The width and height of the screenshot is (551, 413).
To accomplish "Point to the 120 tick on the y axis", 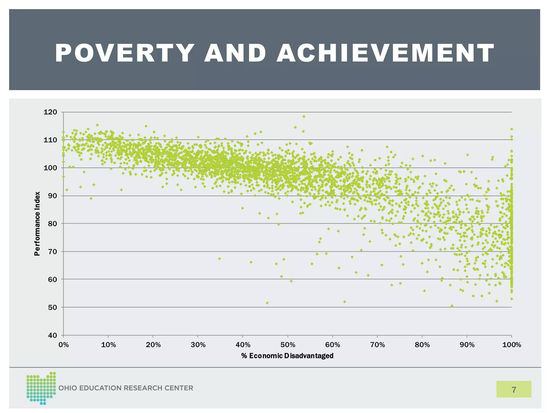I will pyautogui.click(x=50, y=112).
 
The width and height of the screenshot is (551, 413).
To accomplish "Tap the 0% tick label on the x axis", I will pyautogui.click(x=63, y=345).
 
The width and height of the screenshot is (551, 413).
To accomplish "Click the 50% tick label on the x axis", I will pyautogui.click(x=288, y=345).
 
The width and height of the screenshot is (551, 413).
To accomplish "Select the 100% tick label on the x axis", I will pyautogui.click(x=511, y=345).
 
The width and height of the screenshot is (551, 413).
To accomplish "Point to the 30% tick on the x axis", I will pyautogui.click(x=198, y=345).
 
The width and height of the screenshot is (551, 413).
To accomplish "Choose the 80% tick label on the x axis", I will pyautogui.click(x=422, y=345).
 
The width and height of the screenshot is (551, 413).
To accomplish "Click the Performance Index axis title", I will pyautogui.click(x=37, y=224).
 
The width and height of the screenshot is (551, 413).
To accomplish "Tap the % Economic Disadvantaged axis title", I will pyautogui.click(x=287, y=356).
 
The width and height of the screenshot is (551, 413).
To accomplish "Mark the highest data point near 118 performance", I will pyautogui.click(x=304, y=116).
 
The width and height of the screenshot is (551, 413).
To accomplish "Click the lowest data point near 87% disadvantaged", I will pyautogui.click(x=452, y=306).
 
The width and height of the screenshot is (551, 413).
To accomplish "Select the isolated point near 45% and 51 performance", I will pyautogui.click(x=267, y=303).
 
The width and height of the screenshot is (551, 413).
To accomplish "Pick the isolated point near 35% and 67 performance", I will pyautogui.click(x=219, y=259).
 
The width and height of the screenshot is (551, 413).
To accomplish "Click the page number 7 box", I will pyautogui.click(x=514, y=389).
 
